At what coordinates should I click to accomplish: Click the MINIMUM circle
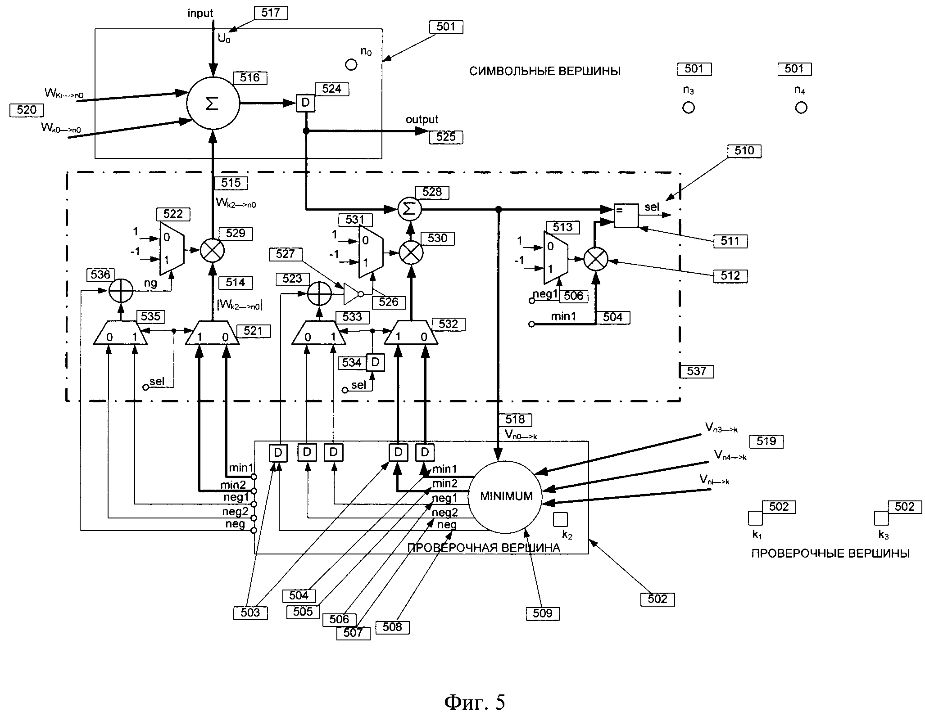(506, 496)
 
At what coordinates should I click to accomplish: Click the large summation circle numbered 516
(213, 104)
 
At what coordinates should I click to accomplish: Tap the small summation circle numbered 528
(409, 209)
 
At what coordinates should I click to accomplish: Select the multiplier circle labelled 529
(212, 251)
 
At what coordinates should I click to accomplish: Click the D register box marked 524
(305, 103)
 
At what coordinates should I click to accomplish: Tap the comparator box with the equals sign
(626, 216)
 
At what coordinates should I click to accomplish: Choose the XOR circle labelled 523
(319, 294)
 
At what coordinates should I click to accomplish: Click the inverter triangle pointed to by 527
(352, 294)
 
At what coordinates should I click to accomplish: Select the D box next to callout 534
(376, 362)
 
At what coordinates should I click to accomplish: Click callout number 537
(697, 371)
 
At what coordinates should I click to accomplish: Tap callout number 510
(744, 151)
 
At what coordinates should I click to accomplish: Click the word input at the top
(200, 14)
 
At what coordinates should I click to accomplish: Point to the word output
(422, 120)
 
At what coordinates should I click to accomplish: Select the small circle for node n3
(689, 108)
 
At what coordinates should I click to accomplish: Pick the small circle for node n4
(801, 108)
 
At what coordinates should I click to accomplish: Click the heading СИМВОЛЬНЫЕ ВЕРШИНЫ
(545, 71)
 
